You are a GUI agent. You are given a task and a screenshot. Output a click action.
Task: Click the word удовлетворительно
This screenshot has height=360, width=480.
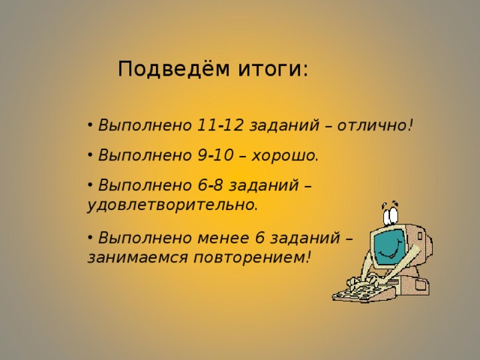(172, 203)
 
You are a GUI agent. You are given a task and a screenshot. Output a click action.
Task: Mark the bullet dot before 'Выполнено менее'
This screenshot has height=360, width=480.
(90, 238)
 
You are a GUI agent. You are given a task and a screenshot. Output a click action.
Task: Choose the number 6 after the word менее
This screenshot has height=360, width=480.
(261, 238)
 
